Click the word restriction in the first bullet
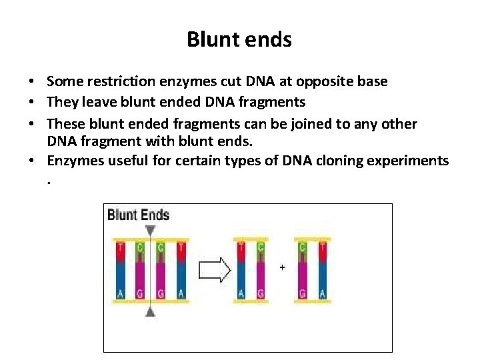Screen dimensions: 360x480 point(118,81)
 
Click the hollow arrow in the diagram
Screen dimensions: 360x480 point(215,270)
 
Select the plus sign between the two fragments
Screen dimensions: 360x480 point(282,267)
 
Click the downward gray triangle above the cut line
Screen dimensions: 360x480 point(151,230)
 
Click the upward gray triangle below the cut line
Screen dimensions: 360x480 point(151,311)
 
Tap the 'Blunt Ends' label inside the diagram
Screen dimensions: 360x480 point(139,215)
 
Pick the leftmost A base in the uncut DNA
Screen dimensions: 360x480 point(120,294)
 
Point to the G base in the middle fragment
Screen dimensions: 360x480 point(259,294)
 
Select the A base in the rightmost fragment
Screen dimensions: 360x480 point(322,294)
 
